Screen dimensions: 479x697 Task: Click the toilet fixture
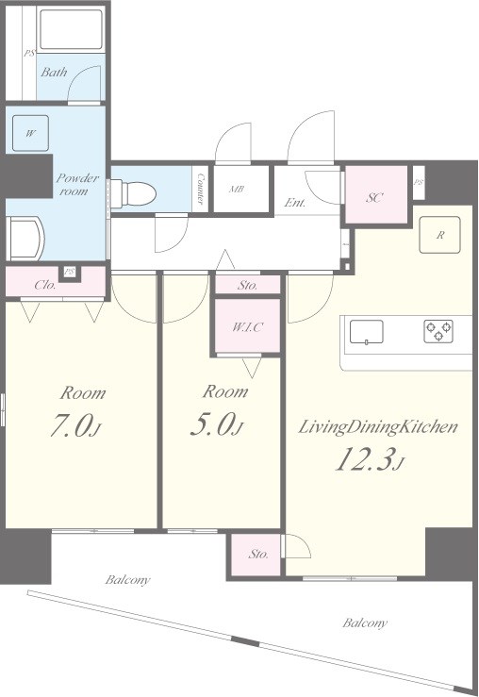tap(133, 193)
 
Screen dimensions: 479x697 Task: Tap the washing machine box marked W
tap(31, 133)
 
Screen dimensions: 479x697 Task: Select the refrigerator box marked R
tap(440, 235)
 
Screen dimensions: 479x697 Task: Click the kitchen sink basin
tap(367, 332)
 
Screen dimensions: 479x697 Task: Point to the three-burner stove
tap(438, 331)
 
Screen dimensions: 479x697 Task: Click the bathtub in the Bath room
tap(72, 29)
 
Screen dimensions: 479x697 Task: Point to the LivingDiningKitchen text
tap(378, 427)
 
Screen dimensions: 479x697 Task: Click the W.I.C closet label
tap(247, 327)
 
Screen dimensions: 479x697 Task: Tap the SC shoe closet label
tap(374, 197)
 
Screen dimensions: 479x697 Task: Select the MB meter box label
tap(237, 189)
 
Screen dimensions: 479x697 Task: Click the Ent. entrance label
tap(295, 203)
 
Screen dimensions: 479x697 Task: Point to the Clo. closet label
tap(45, 285)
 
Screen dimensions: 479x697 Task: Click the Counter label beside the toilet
tap(201, 189)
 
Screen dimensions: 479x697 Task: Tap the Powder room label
tap(77, 185)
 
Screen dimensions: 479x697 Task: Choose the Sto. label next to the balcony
tap(258, 554)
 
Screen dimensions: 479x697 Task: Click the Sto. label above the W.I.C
tap(247, 285)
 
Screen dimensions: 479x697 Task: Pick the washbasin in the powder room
tap(25, 239)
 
